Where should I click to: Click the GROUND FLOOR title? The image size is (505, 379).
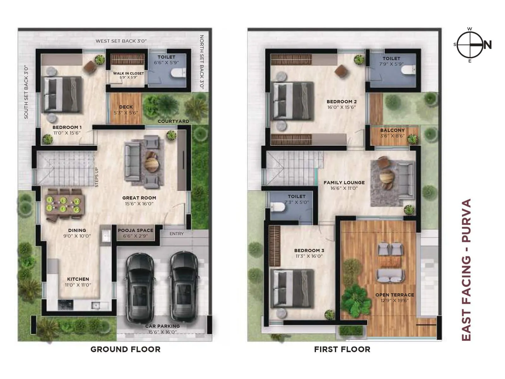point(125,349)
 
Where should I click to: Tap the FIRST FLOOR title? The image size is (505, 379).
point(342,349)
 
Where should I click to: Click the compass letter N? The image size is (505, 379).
point(488,45)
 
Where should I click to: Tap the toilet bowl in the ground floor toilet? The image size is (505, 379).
point(178,73)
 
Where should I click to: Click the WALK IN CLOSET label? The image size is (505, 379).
point(128,73)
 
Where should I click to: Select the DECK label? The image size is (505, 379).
point(126,107)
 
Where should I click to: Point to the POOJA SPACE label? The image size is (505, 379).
point(135,230)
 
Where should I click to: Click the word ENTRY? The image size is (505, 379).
point(176,234)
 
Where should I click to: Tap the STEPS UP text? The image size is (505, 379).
point(97,177)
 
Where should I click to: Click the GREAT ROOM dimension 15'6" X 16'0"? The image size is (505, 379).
point(139,204)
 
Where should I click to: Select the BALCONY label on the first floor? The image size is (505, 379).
point(392,130)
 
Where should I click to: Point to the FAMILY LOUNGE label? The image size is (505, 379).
point(344,183)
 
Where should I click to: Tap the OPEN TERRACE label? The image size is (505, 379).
point(395,295)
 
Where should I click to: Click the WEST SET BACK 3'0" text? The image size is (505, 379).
point(121,41)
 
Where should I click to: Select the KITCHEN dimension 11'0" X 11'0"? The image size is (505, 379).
point(78,285)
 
